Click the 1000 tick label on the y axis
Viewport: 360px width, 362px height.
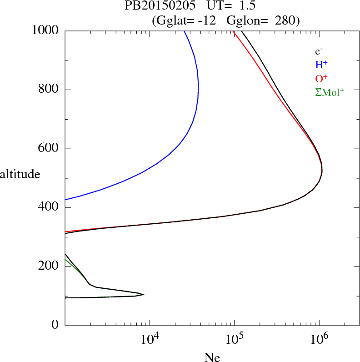(45, 30)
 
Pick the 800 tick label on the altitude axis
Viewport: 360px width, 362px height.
(49, 90)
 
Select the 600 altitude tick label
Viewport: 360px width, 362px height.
(49, 149)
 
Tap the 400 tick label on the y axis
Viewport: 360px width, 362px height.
(49, 208)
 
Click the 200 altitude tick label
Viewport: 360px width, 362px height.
(49, 266)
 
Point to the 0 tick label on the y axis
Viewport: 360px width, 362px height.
(56, 325)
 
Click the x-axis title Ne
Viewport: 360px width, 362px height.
(212, 357)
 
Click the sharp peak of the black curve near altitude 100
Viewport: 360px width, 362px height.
(144, 295)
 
